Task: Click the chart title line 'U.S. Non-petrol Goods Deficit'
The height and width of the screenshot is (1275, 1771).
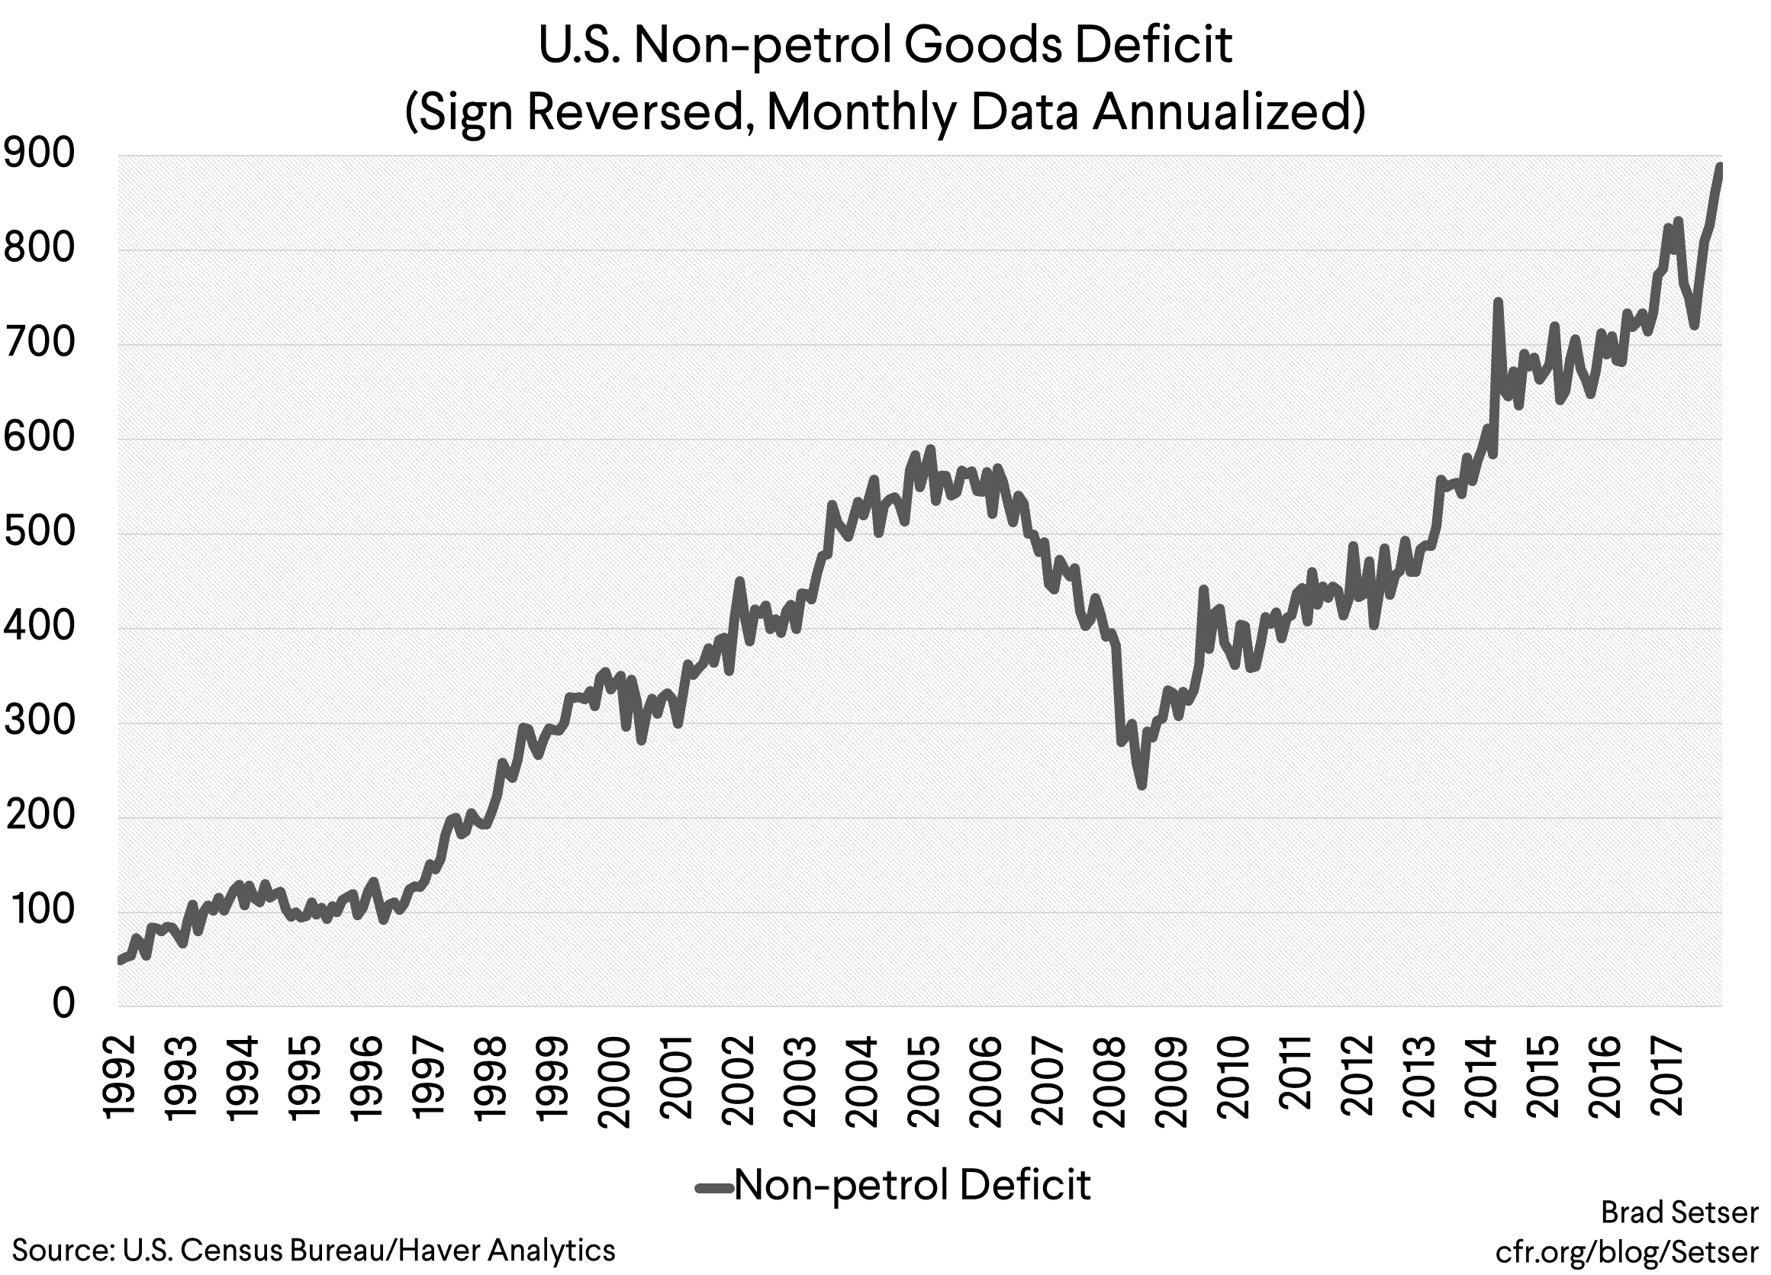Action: click(884, 45)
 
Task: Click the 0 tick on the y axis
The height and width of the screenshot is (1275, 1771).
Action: click(63, 1005)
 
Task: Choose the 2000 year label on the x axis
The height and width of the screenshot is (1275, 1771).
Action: click(614, 1082)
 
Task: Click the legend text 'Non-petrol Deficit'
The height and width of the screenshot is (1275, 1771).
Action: click(911, 1184)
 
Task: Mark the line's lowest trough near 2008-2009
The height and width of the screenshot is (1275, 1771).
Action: click(1141, 785)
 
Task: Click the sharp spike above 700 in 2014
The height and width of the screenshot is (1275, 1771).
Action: click(1498, 301)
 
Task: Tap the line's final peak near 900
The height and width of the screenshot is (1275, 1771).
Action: click(1718, 166)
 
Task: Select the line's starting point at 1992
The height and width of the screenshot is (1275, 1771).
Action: click(120, 961)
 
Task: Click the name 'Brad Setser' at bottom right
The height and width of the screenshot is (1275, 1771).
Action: click(1679, 1212)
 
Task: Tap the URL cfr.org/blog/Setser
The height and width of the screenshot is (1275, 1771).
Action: click(1627, 1251)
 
